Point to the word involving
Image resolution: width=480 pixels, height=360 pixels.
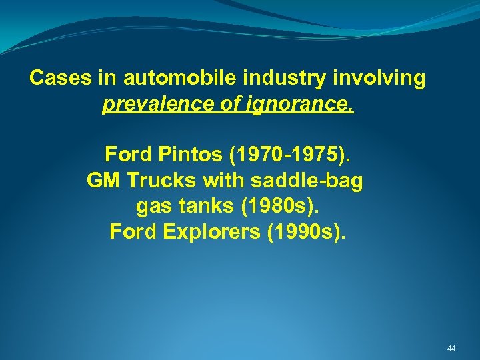pos(382,79)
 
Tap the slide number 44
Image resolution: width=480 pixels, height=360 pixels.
pos(451,349)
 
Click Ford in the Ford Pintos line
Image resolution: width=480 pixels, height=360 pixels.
pos(129,155)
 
